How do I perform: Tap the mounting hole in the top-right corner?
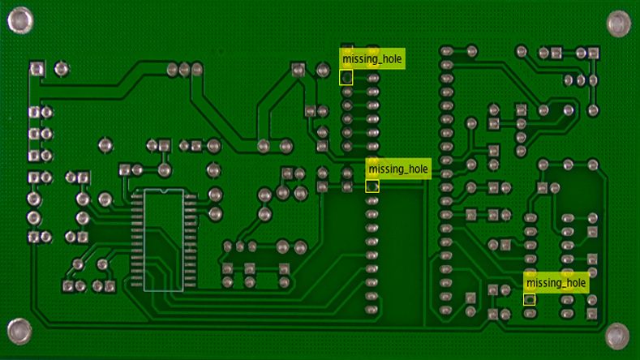click(619, 24)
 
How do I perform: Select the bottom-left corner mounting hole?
click(19, 330)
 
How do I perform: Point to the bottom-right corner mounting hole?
click(617, 333)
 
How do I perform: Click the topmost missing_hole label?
click(372, 59)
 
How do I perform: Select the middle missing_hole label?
click(397, 169)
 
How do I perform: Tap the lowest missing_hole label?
click(556, 282)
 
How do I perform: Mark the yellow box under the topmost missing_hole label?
click(346, 78)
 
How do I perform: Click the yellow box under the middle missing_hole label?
click(372, 186)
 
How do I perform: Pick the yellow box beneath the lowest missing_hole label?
click(530, 299)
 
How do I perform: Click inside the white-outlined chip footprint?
click(164, 241)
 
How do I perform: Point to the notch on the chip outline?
click(164, 192)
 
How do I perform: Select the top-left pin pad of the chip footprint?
click(137, 198)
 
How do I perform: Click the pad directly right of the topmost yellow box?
click(373, 79)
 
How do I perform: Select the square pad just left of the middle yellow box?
click(322, 186)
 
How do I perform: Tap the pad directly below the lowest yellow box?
click(530, 312)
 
